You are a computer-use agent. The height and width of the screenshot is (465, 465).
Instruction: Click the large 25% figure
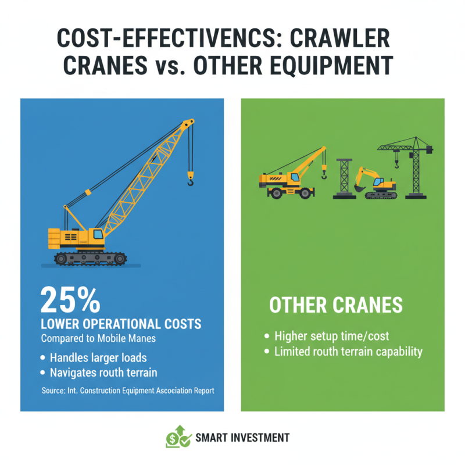tap(70, 301)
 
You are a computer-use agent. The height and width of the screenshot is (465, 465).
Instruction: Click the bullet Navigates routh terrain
tap(100, 373)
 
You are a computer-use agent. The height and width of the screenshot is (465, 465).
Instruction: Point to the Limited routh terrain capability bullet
tap(348, 351)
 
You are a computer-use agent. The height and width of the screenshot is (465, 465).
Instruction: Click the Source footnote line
tap(128, 391)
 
